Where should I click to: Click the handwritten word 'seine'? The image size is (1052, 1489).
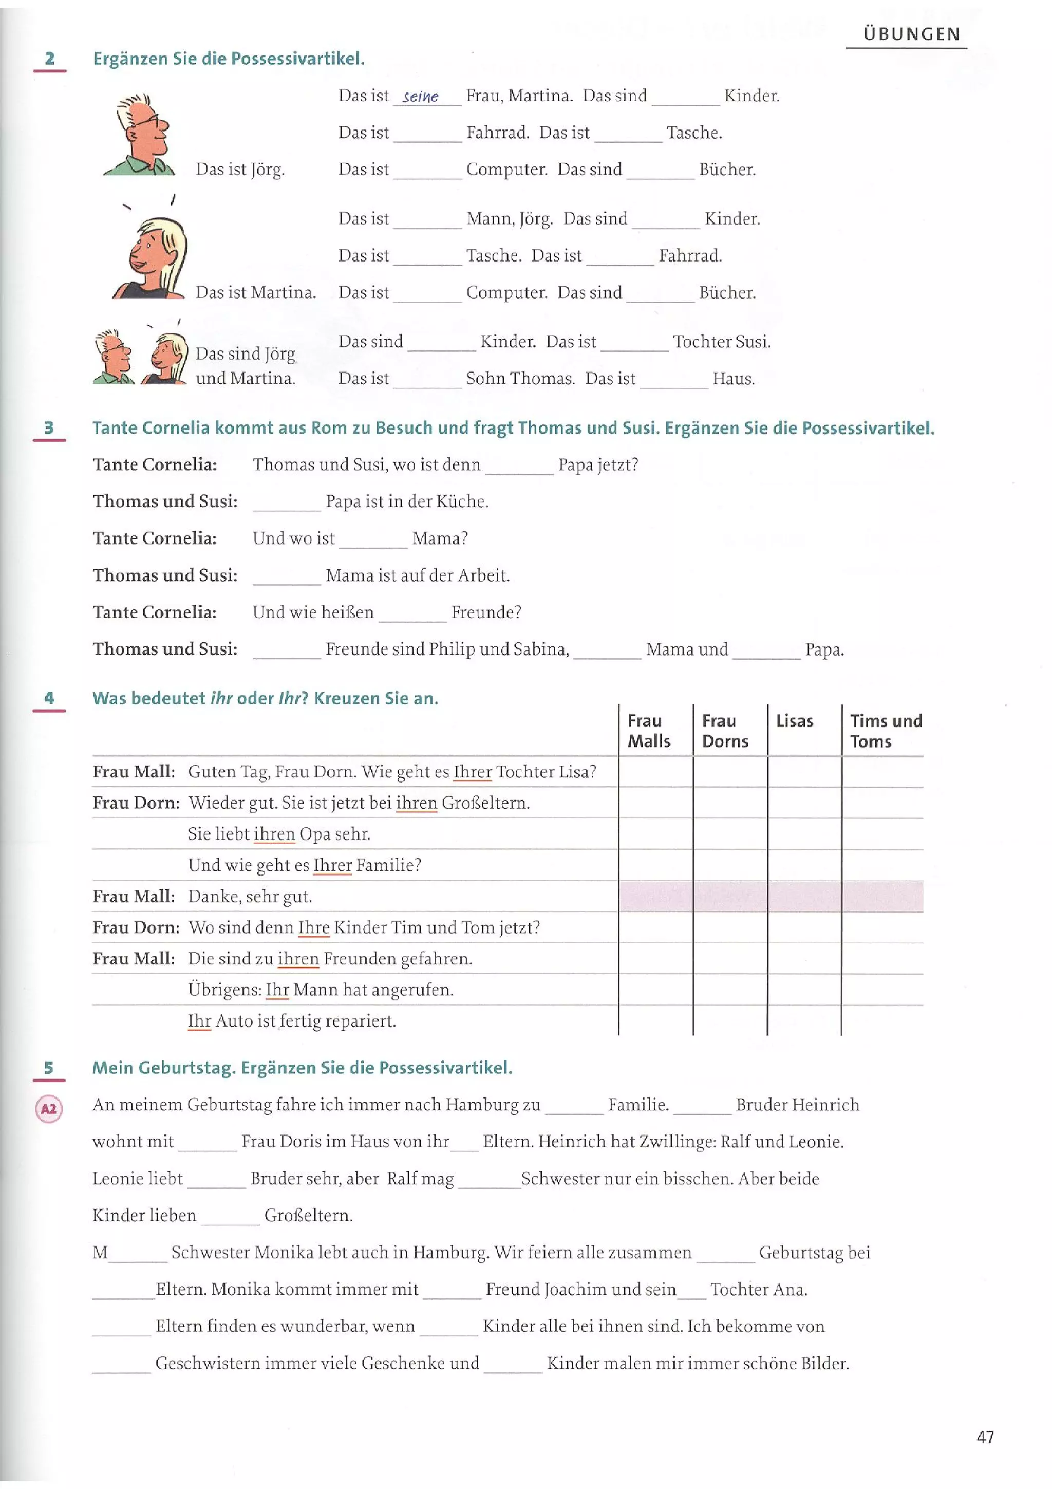coord(420,97)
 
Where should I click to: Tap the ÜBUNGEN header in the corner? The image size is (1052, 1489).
coord(911,34)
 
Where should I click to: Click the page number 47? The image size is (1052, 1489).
coord(985,1437)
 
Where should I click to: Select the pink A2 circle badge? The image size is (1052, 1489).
coord(49,1108)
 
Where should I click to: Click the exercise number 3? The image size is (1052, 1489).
coord(49,428)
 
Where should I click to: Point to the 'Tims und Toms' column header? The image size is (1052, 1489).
coord(886,731)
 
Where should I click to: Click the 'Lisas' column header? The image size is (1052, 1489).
coord(794,721)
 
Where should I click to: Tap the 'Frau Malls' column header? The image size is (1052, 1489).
coord(648,731)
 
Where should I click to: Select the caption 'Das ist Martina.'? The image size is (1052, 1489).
coord(255,292)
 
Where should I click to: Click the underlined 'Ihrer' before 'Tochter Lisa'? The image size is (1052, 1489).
coord(473,772)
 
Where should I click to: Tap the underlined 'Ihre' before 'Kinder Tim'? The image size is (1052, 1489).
coord(314,927)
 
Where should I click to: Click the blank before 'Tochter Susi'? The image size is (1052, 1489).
coord(634,343)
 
